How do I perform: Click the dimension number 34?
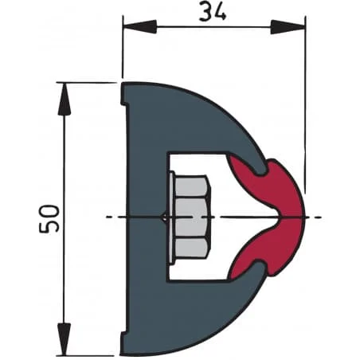213,12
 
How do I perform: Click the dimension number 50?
49,218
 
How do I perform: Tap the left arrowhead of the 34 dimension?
139,27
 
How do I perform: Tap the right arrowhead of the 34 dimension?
288,27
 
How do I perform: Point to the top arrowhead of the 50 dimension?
65,100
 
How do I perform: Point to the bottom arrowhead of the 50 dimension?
65,339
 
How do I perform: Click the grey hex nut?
190,217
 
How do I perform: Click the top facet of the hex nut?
192,186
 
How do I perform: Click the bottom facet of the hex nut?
191,248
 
